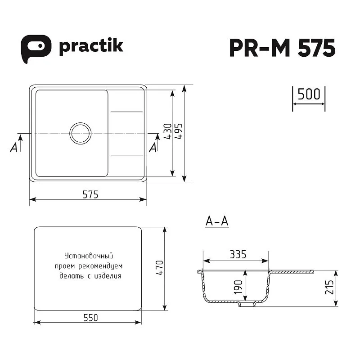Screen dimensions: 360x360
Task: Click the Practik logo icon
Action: [36, 49]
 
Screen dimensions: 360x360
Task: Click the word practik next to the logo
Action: [91, 47]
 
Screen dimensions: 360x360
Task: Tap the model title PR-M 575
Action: [283, 48]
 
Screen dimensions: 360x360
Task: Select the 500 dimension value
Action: [309, 94]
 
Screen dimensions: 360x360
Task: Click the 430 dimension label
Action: [168, 131]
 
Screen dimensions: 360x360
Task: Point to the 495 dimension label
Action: [179, 131]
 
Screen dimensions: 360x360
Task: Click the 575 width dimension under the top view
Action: [90, 195]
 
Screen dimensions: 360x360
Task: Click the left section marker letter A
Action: [14, 147]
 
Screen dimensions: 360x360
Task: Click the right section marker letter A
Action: [153, 147]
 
